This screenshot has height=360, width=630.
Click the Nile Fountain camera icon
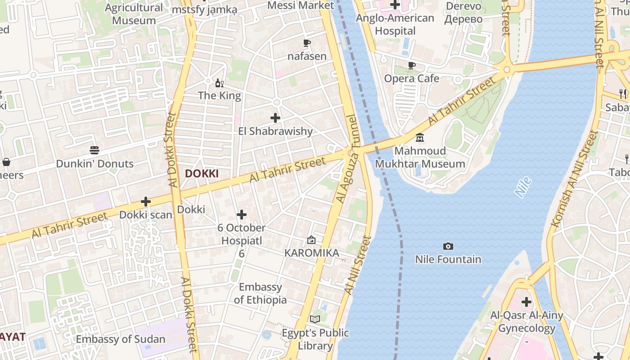[448, 246]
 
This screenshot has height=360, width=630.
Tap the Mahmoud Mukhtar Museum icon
[420, 137]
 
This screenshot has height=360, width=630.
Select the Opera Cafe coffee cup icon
[412, 65]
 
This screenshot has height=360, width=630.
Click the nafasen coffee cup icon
[307, 43]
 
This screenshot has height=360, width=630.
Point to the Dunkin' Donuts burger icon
[94, 150]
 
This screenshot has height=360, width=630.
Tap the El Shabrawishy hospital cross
[275, 118]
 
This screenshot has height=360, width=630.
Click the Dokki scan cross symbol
[146, 202]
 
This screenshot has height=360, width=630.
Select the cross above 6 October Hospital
[242, 215]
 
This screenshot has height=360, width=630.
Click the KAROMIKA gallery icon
[311, 240]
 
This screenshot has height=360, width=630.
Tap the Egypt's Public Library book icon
[315, 319]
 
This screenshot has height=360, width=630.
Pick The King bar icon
[220, 83]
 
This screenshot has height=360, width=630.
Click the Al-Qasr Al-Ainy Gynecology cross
[526, 301]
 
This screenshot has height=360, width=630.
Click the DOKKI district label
[202, 174]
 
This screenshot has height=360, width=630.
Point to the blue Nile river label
[523, 187]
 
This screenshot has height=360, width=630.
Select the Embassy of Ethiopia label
[260, 293]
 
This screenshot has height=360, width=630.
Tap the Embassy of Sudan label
[121, 339]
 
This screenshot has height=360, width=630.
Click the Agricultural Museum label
[134, 14]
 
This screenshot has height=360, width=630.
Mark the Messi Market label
[301, 5]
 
